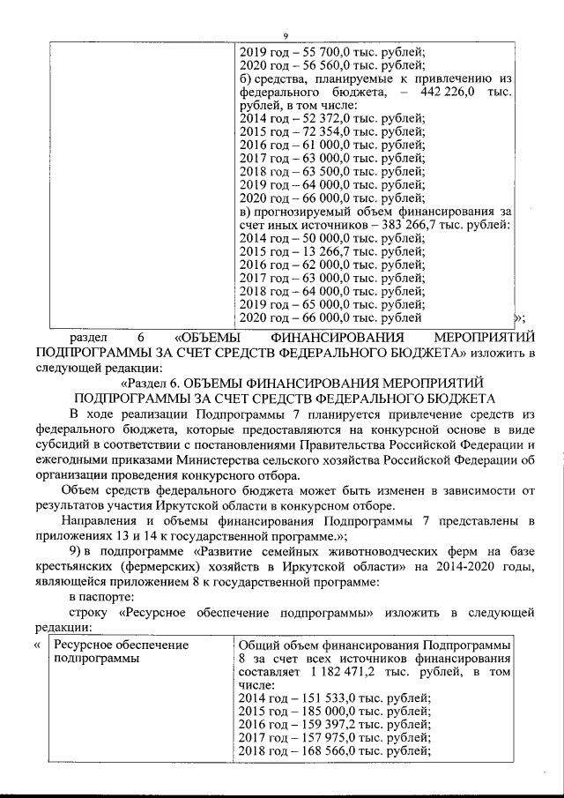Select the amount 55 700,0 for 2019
pyautogui.click(x=326, y=50)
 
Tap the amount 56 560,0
pyautogui.click(x=326, y=63)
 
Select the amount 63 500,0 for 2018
pyautogui.click(x=326, y=170)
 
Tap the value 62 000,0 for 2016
pyautogui.click(x=326, y=264)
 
